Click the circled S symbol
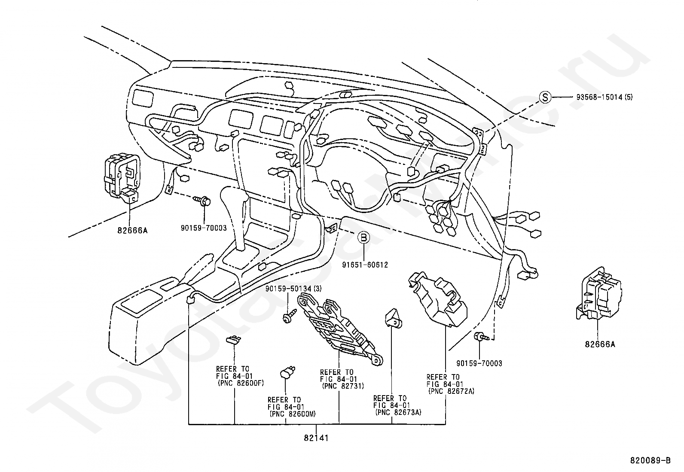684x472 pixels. click(545, 97)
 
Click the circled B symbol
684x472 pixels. click(363, 237)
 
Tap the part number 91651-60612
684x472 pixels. click(365, 265)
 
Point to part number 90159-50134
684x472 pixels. click(288, 289)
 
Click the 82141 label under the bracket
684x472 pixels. click(316, 438)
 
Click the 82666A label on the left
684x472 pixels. click(132, 230)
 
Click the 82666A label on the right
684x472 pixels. click(600, 344)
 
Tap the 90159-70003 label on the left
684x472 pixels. click(204, 228)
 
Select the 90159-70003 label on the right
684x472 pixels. click(479, 363)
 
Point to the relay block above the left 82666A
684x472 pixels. click(122, 178)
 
